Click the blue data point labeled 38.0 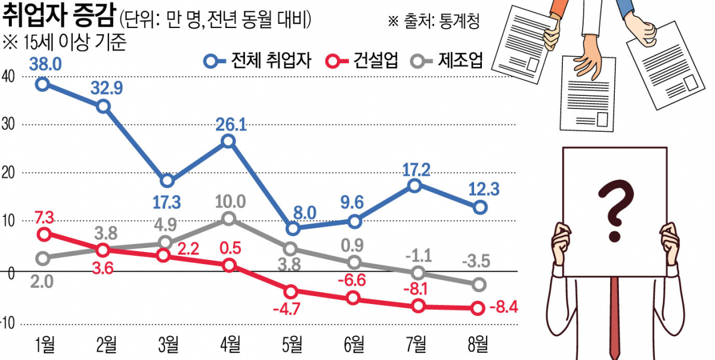click(x=41, y=83)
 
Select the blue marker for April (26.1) click(x=228, y=141)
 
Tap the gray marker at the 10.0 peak click(x=228, y=219)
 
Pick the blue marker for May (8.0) click(x=292, y=228)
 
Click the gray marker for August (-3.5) click(x=479, y=285)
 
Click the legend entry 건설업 click(x=363, y=61)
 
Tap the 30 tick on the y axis click(x=11, y=125)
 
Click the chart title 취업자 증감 click(x=57, y=18)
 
